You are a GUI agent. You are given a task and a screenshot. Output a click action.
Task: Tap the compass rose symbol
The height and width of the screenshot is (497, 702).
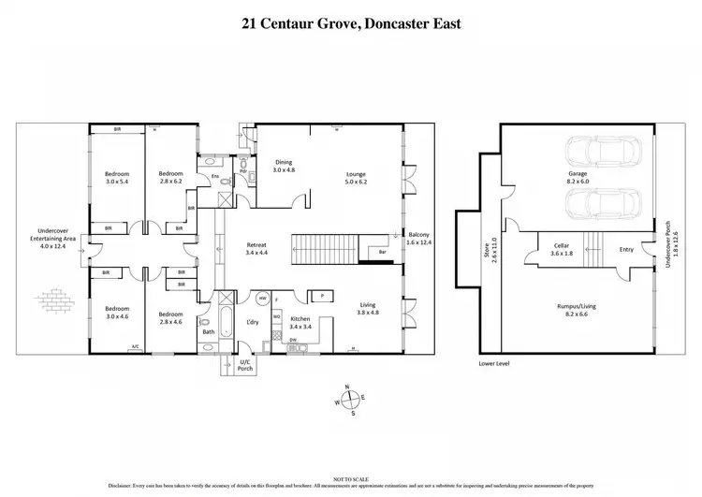349,401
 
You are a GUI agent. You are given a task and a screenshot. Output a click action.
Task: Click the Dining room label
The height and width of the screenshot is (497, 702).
283,167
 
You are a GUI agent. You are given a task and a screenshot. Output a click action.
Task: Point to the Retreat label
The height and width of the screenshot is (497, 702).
256,248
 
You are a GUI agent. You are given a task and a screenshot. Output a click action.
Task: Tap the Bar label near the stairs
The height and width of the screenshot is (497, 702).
381,252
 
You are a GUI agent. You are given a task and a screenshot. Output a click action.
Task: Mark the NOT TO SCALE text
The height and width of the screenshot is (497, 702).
350,477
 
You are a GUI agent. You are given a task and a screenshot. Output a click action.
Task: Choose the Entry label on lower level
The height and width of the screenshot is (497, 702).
627,249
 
